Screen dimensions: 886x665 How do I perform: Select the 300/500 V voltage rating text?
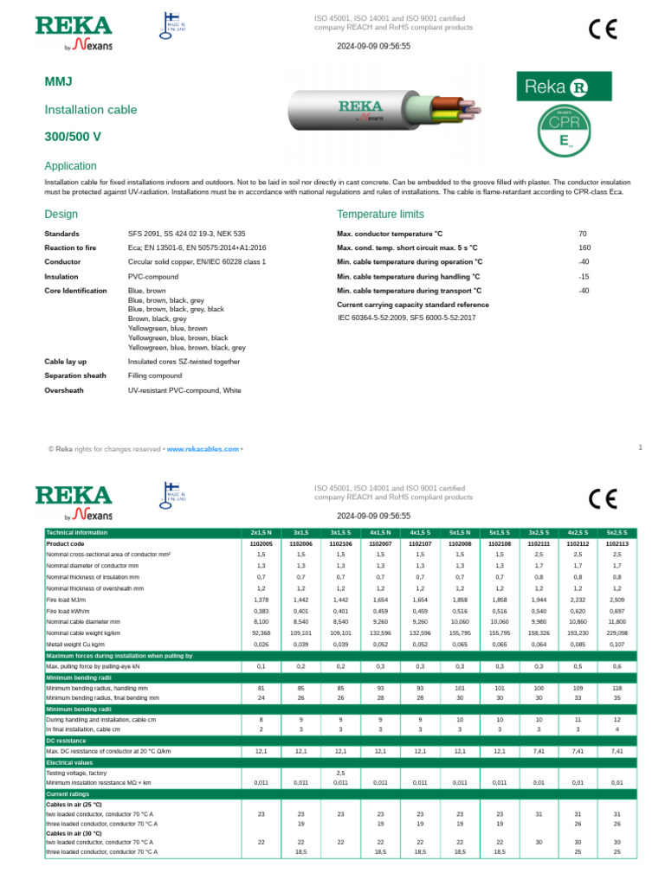tap(73, 137)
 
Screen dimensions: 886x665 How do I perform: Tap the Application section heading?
tap(70, 166)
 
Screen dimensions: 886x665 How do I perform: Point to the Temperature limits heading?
tap(380, 214)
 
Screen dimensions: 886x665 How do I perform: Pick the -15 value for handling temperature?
tap(584, 277)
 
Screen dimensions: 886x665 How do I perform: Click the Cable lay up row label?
tap(66, 362)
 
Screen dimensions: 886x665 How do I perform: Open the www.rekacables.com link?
tap(201, 449)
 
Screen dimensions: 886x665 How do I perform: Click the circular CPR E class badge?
tap(564, 131)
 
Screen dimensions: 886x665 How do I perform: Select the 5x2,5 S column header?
tap(617, 532)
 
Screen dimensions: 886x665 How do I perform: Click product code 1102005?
tap(261, 543)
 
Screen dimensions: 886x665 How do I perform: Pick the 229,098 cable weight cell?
tap(617, 633)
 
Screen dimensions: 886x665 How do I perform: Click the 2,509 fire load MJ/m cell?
tap(617, 600)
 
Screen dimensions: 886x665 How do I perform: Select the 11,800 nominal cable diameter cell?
tap(617, 622)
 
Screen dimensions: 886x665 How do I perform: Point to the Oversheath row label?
tap(63, 390)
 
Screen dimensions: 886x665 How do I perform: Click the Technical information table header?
tap(77, 532)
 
